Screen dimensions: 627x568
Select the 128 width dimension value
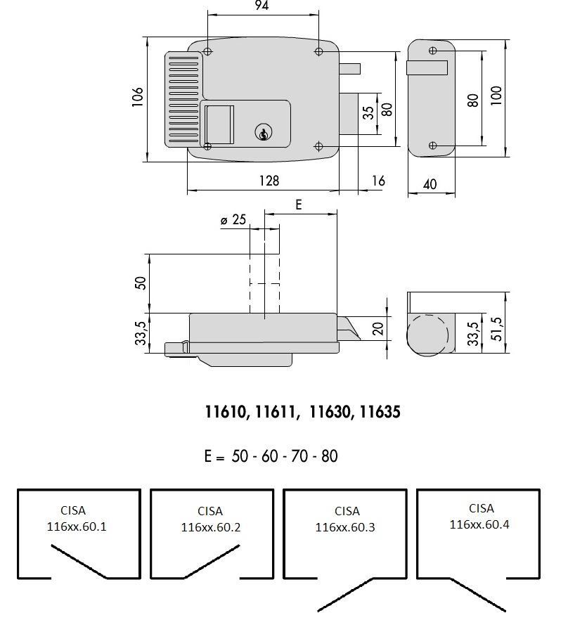pyautogui.click(x=269, y=181)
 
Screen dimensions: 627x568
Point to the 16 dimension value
pyautogui.click(x=377, y=181)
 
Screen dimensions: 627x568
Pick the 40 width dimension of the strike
pyautogui.click(x=430, y=184)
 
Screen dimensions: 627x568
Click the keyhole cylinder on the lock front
pyautogui.click(x=262, y=132)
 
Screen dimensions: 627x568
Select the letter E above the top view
pyautogui.click(x=298, y=205)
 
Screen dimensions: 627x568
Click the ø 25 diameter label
pyautogui.click(x=233, y=220)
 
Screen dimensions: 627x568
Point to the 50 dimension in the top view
pyautogui.click(x=140, y=283)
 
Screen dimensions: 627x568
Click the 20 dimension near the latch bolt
pyautogui.click(x=378, y=328)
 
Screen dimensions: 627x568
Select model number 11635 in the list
pyautogui.click(x=379, y=413)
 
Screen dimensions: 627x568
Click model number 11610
pyautogui.click(x=226, y=413)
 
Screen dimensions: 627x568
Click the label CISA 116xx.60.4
pyautogui.click(x=482, y=516)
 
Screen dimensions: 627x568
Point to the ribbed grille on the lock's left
pyautogui.click(x=182, y=99)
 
